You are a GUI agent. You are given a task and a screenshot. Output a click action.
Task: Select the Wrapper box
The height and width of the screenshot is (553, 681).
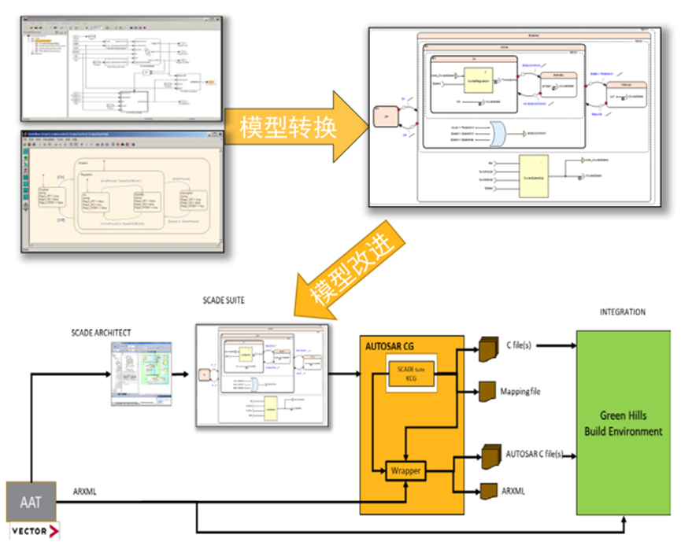coord(405,472)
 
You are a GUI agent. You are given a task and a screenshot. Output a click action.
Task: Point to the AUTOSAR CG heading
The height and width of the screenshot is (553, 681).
coord(392,345)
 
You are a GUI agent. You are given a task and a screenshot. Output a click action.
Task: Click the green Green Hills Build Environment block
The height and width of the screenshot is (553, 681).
coord(623,425)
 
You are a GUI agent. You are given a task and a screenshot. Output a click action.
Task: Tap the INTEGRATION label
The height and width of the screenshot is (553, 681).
coord(622,312)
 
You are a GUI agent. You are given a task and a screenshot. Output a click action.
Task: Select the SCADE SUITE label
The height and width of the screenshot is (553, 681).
coord(228,300)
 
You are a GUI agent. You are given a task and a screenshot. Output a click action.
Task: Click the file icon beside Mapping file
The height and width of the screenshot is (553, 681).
coord(487,391)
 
